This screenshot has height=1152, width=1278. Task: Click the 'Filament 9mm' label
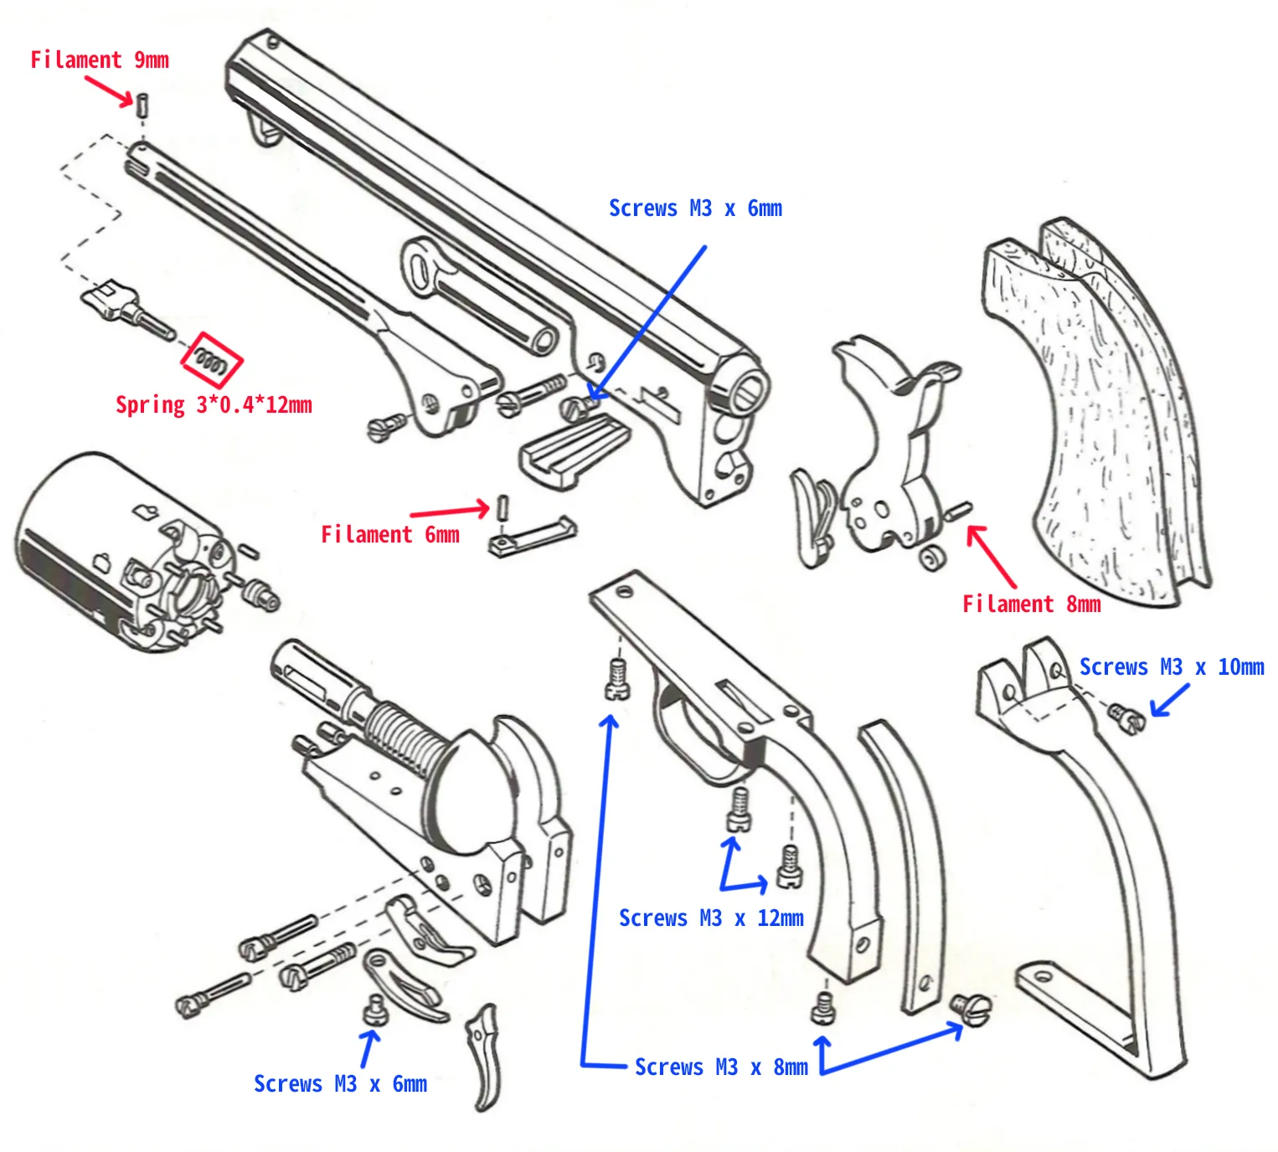coord(99,60)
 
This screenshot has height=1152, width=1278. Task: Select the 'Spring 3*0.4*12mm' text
coord(213,405)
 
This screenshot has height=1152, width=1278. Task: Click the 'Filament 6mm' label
coord(389,535)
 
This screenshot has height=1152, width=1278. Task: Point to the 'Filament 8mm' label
coord(1030,604)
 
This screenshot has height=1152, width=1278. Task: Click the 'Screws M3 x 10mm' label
coord(1171,667)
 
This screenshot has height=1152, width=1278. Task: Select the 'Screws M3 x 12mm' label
coord(710,918)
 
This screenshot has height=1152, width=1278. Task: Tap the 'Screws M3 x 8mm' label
coord(720,1067)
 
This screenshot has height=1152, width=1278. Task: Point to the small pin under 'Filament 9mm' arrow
coord(143,105)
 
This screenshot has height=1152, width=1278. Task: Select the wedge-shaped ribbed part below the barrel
coord(574,448)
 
